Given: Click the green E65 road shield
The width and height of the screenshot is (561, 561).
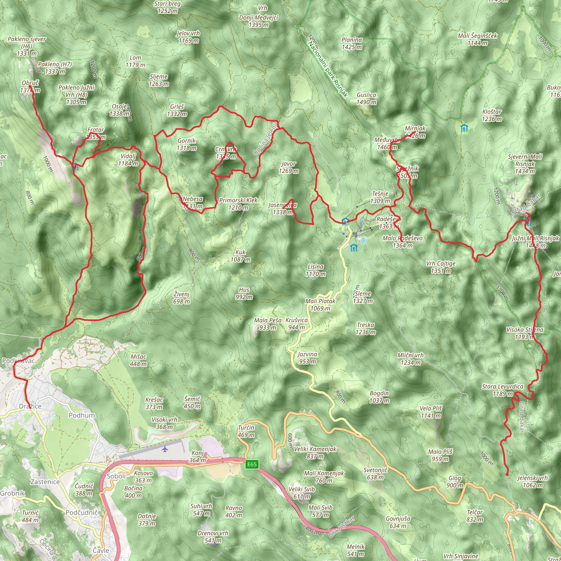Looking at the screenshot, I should [x=251, y=464].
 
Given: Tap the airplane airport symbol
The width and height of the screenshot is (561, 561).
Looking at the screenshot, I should [x=165, y=449].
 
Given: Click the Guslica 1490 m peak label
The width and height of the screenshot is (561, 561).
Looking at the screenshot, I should [x=367, y=98].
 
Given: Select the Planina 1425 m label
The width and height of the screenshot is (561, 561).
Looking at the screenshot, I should [x=352, y=43].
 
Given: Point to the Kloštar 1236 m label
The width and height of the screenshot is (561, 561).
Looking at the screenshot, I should [x=492, y=115].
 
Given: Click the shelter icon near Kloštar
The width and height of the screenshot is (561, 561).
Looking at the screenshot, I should [x=464, y=128].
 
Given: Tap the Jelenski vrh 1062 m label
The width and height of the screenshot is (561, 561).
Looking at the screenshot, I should [x=533, y=482].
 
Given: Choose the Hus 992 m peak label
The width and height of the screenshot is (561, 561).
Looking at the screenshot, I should [x=244, y=293].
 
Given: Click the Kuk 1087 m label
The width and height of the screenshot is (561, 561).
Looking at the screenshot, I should [x=241, y=256].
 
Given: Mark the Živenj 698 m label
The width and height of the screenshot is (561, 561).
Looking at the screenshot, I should [x=182, y=298].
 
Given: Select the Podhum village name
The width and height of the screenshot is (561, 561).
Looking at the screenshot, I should [x=82, y=415].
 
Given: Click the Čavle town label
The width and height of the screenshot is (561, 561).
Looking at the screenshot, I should [x=101, y=550].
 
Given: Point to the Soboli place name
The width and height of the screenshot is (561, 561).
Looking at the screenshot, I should [x=116, y=476].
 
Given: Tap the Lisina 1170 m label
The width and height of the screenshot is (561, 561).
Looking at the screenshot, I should [x=316, y=270].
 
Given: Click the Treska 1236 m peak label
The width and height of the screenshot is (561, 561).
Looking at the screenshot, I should [x=366, y=328].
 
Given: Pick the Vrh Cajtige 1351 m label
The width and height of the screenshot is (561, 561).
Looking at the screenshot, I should [x=440, y=267].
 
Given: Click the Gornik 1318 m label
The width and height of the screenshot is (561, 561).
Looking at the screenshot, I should [x=187, y=144].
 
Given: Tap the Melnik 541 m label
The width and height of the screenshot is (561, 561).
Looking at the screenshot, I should [x=355, y=550].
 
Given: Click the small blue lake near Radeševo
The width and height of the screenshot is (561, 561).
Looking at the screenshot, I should [x=363, y=240].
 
